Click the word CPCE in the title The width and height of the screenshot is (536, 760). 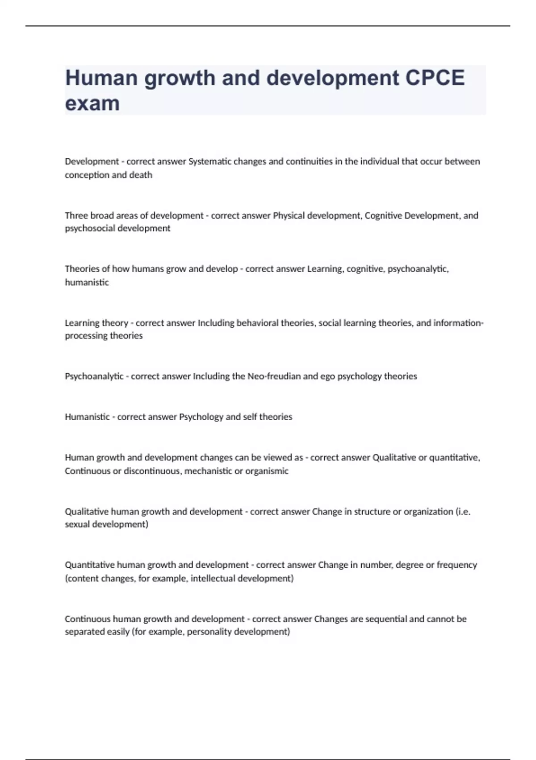(x=435, y=78)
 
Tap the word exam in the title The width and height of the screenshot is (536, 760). (x=92, y=103)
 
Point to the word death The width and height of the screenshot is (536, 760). (x=141, y=175)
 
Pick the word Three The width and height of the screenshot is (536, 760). (x=76, y=215)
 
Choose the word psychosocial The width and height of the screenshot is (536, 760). (x=88, y=228)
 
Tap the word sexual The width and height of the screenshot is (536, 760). (x=77, y=524)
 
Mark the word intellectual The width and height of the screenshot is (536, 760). (x=213, y=578)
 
